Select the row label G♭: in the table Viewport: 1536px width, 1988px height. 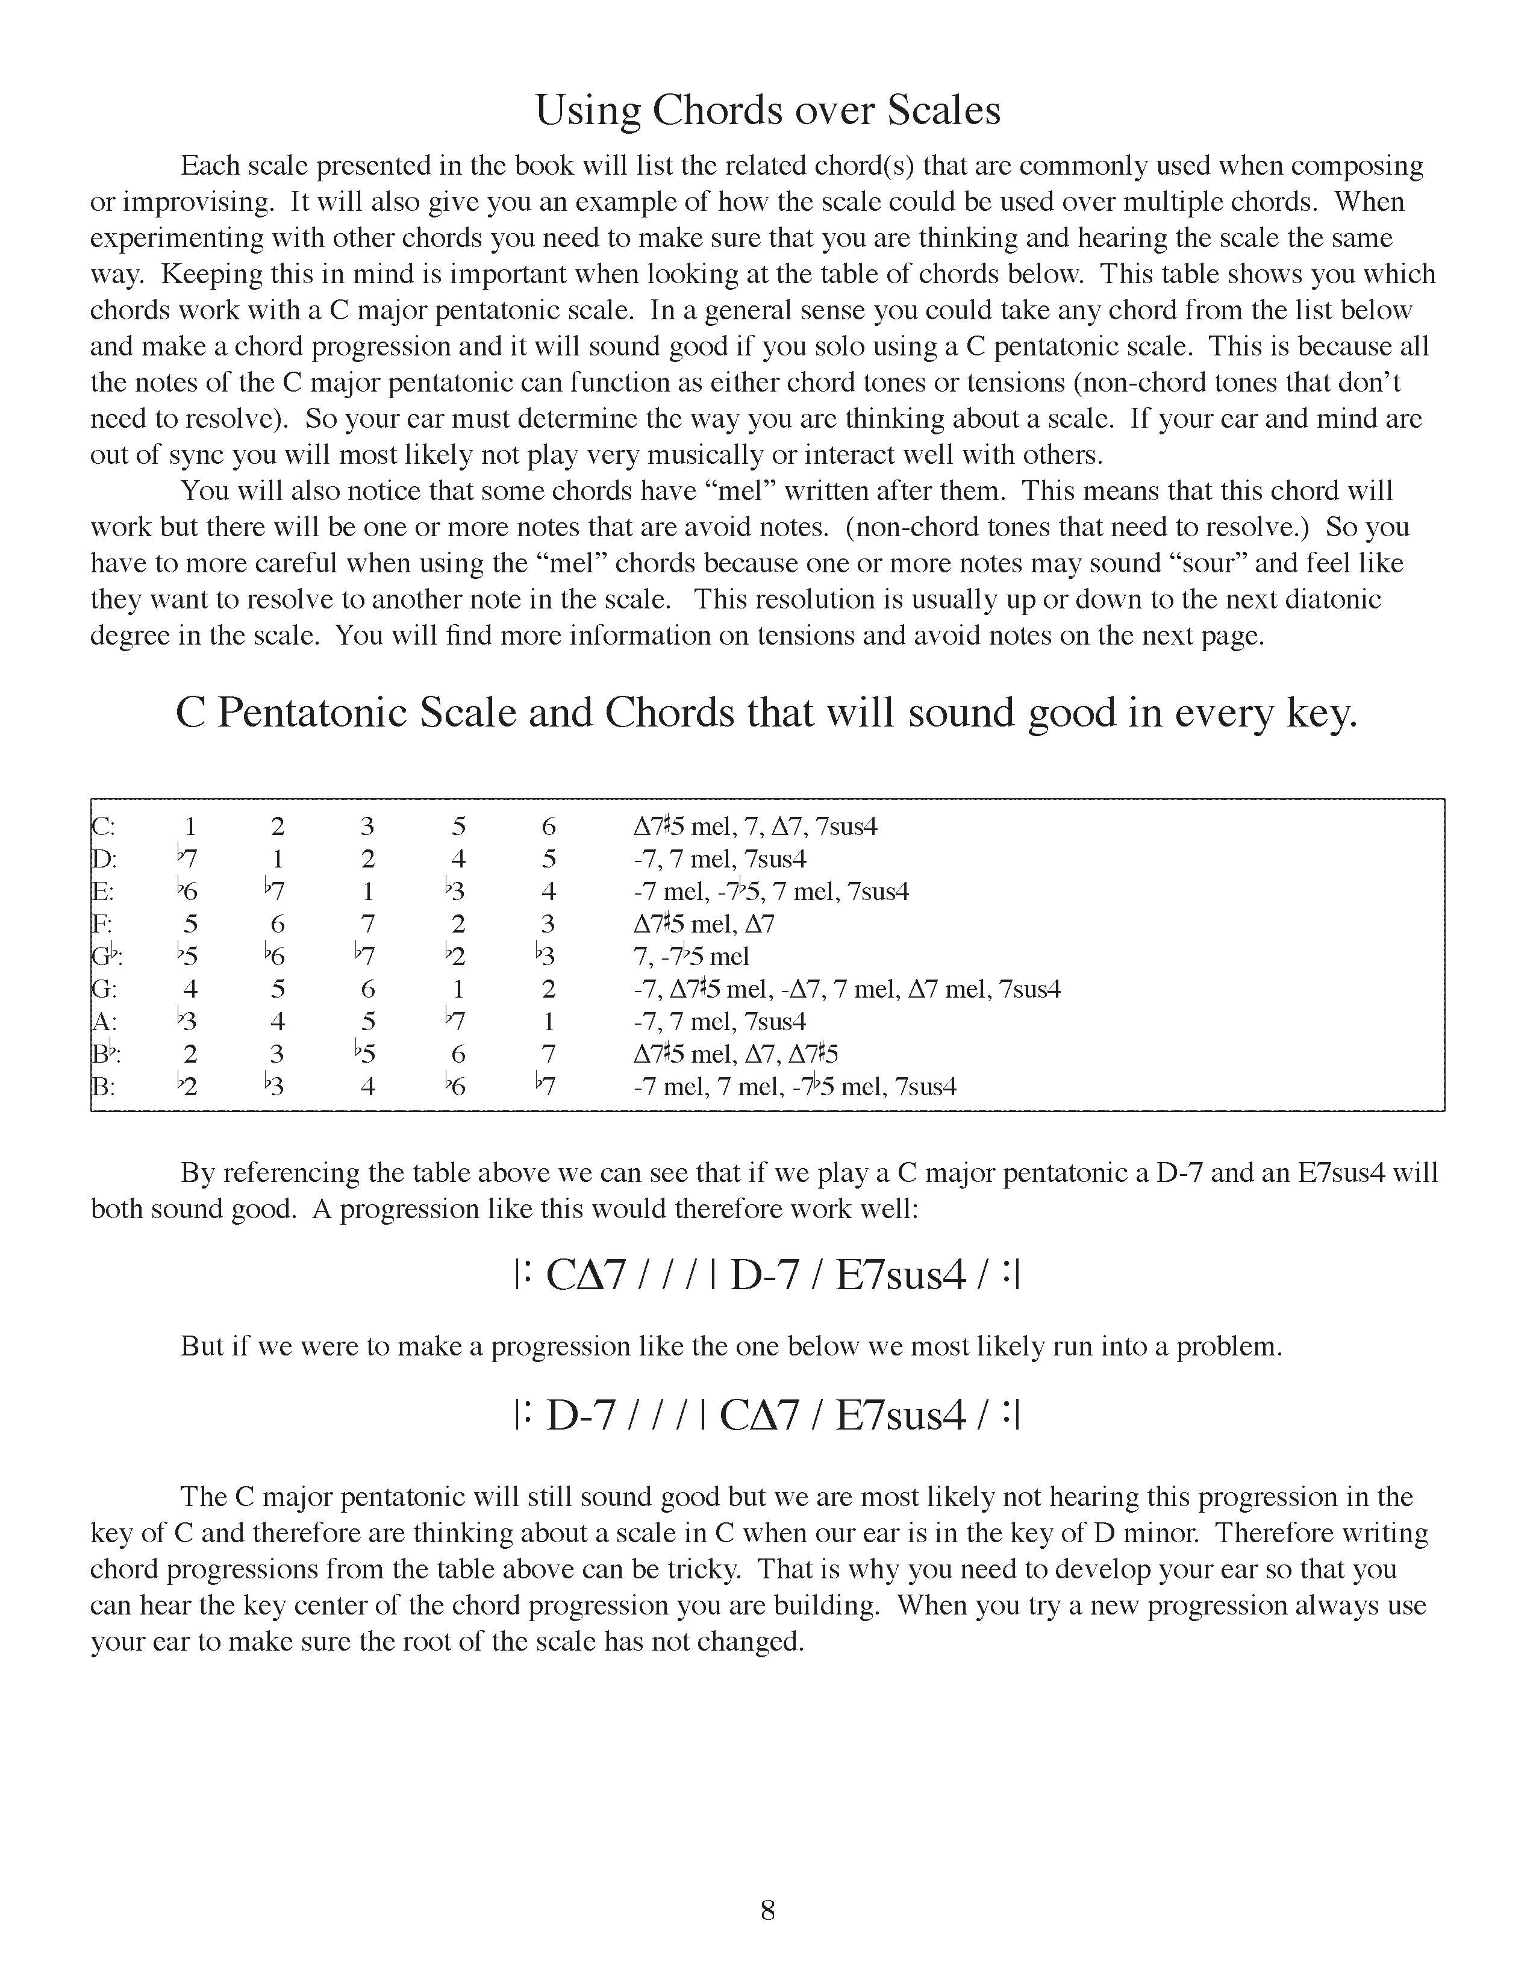(107, 957)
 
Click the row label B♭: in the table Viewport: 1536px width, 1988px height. (107, 1054)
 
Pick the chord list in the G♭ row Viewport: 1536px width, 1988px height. (692, 957)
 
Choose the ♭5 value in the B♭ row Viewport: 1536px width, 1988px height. (366, 1054)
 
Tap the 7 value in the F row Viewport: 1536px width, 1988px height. (367, 925)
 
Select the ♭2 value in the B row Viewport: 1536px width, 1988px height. (187, 1087)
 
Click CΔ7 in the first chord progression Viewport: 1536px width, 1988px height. (585, 1276)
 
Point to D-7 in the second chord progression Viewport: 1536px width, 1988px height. (581, 1416)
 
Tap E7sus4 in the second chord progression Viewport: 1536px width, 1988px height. (899, 1416)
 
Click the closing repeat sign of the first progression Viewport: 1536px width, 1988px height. (1011, 1276)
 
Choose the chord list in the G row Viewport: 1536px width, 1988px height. (846, 989)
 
